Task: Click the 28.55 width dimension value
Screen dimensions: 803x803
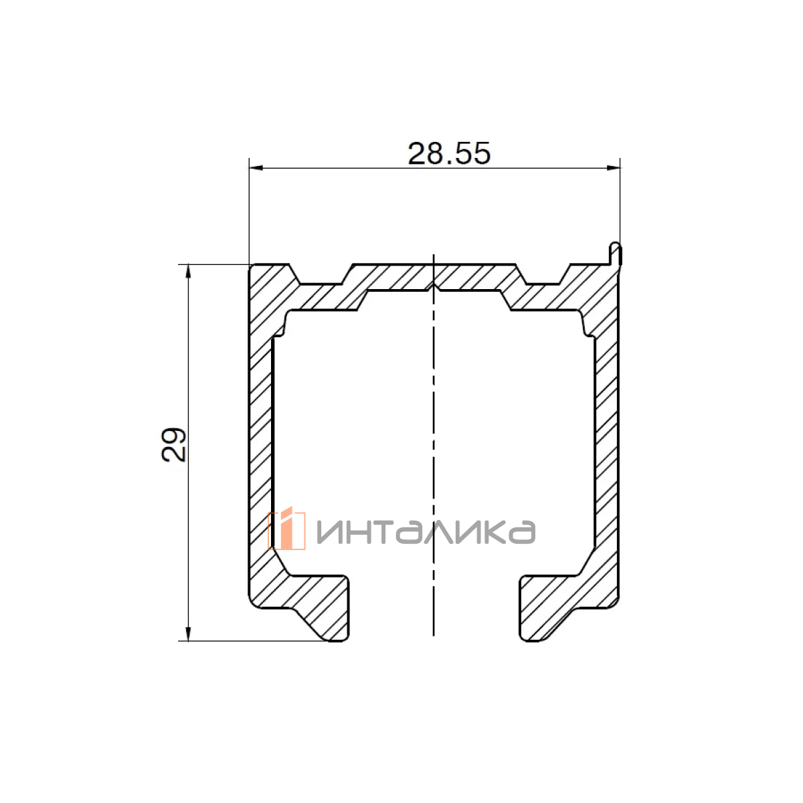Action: tap(448, 154)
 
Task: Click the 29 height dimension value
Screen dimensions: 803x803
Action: tap(173, 444)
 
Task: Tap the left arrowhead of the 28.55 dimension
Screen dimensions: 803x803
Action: tap(256, 168)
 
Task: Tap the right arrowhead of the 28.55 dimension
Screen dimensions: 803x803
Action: tap(613, 168)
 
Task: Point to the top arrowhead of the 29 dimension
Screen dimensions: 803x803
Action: tap(188, 271)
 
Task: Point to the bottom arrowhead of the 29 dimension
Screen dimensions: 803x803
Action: tap(188, 634)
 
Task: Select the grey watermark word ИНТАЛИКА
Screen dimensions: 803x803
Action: tap(426, 532)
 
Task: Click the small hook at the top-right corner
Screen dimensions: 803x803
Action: tap(616, 253)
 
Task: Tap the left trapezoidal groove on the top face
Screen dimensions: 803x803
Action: tap(321, 275)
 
